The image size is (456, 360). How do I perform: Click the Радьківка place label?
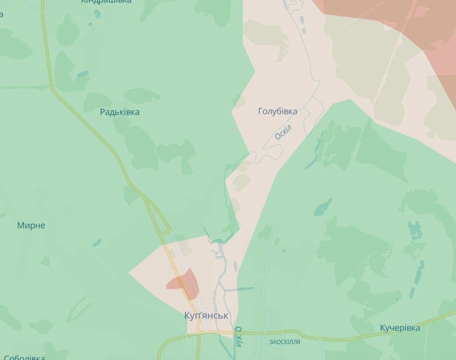pyautogui.click(x=120, y=112)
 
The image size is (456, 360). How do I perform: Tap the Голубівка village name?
pyautogui.click(x=277, y=111)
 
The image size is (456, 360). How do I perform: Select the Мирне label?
pyautogui.click(x=31, y=226)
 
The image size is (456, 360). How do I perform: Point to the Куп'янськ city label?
pyautogui.click(x=206, y=315)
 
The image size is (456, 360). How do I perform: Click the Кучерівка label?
pyautogui.click(x=400, y=328)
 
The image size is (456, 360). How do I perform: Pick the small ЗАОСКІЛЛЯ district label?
pyautogui.click(x=285, y=342)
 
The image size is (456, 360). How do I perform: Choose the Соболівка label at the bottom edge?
pyautogui.click(x=24, y=357)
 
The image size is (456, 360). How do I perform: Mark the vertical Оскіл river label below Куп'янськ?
pyautogui.click(x=239, y=337)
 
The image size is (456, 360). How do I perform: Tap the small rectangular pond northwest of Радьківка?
pyautogui.click(x=83, y=74)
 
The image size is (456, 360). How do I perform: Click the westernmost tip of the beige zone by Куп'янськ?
pyautogui.click(x=130, y=272)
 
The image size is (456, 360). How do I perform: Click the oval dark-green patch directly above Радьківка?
pyautogui.click(x=141, y=95)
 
